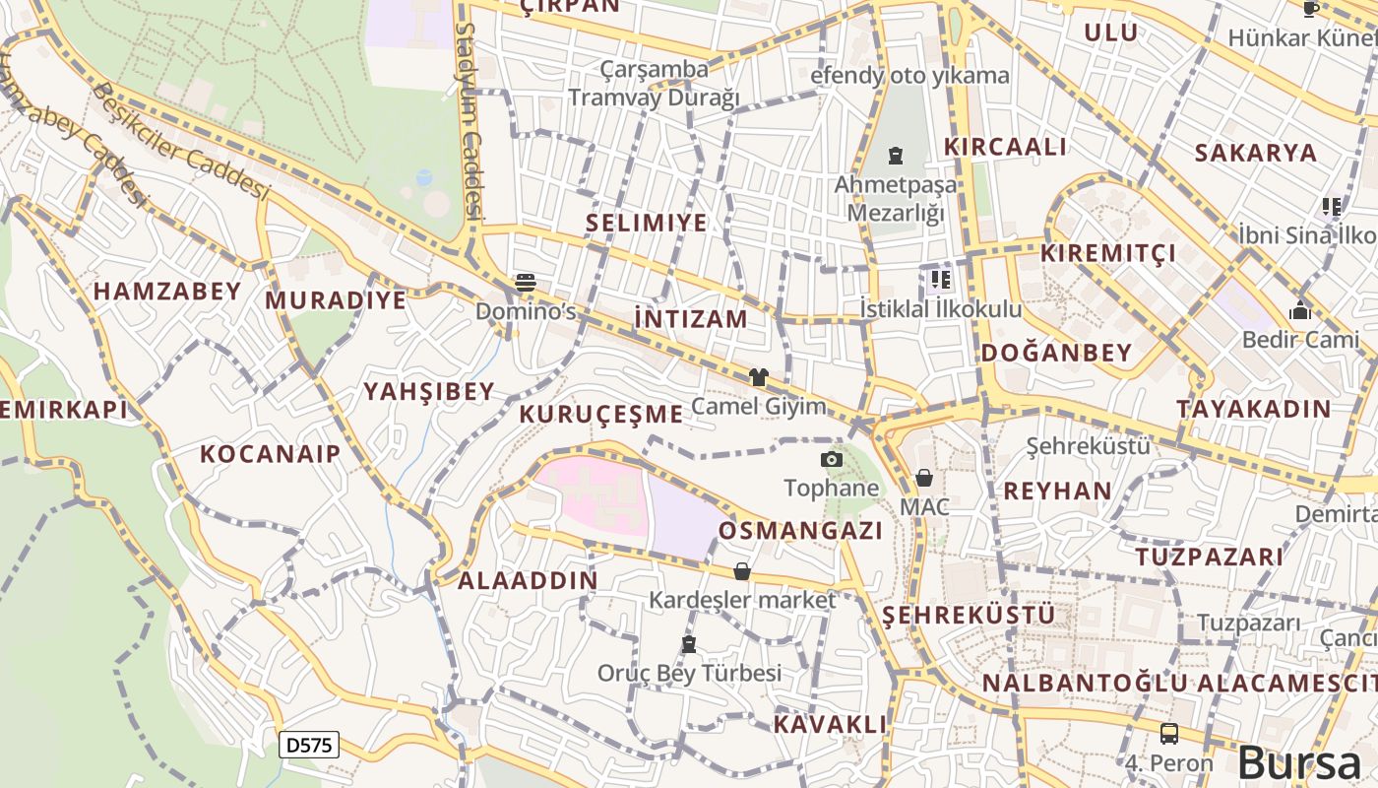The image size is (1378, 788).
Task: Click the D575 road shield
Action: [x=309, y=745]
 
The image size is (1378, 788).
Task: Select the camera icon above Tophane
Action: [x=832, y=459]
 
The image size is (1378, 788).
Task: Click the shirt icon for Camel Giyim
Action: [x=758, y=376]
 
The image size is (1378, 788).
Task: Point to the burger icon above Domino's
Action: [x=526, y=284]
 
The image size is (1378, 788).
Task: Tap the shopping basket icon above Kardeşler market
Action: [x=742, y=571]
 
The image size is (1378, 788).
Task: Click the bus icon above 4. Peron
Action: [x=1169, y=734]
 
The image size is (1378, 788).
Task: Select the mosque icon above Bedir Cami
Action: [x=1300, y=311]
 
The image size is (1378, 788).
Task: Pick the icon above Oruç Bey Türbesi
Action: [x=689, y=645]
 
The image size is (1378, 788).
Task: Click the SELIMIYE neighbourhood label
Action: [x=647, y=223]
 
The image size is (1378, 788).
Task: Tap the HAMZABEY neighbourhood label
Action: [x=167, y=291]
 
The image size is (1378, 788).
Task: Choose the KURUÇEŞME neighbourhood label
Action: [x=600, y=414]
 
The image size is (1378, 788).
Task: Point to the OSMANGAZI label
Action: [x=800, y=530]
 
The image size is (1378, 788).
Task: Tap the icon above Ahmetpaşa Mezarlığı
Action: [x=895, y=156]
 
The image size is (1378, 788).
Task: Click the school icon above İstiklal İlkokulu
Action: [x=939, y=280]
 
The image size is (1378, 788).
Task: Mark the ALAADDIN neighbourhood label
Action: [x=528, y=580]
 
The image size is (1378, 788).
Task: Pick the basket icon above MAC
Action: [x=924, y=479]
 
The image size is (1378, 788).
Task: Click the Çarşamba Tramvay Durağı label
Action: [x=654, y=84]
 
